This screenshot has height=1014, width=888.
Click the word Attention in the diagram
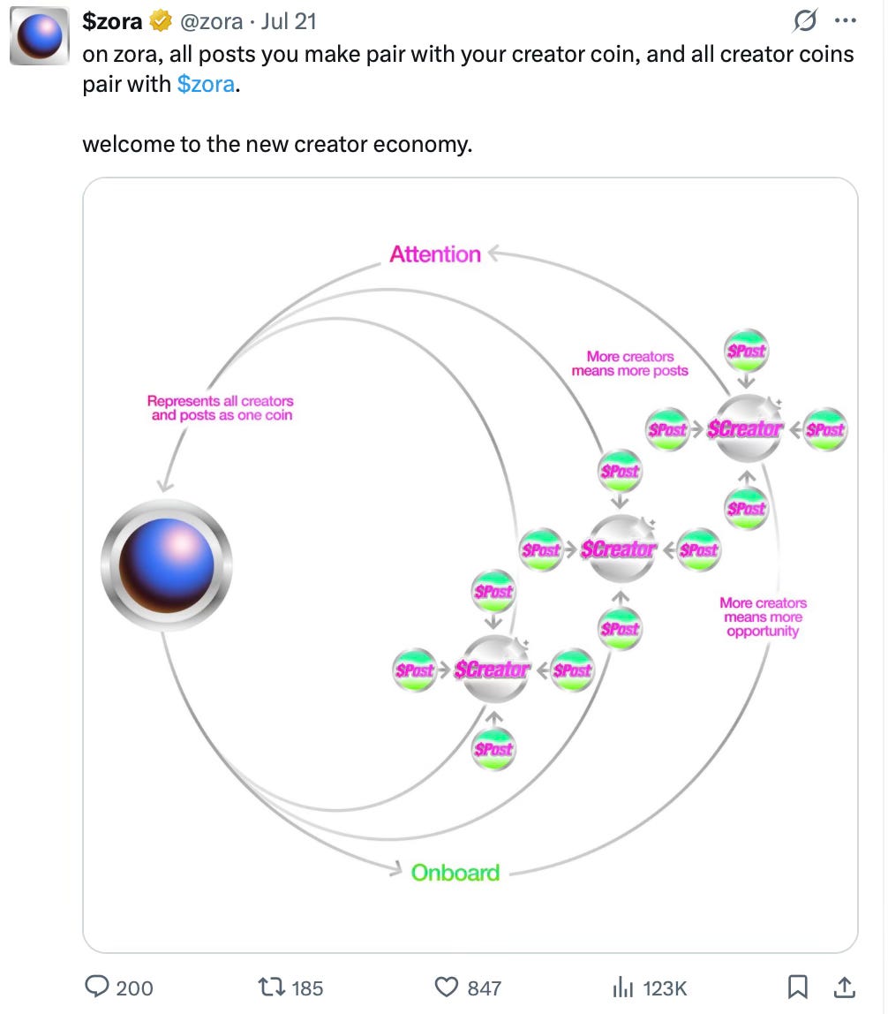pos(435,254)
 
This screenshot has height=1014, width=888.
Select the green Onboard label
pos(455,873)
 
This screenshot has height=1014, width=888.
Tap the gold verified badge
pos(161,21)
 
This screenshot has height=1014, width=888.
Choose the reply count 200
pos(134,988)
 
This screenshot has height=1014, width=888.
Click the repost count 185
pos(307,988)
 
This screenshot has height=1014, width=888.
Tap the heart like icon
pos(448,988)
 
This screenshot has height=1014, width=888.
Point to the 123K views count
pos(664,988)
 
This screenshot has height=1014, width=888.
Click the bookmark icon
pos(798,987)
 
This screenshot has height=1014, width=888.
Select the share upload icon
pos(844,987)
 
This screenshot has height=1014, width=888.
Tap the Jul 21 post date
pos(289,21)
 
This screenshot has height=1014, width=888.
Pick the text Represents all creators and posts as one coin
pos(221,408)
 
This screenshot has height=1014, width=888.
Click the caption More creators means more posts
pos(629,364)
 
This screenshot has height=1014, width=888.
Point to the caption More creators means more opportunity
pos(763,617)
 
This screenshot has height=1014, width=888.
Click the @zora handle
pos(211,21)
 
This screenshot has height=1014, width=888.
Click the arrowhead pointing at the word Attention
pos(493,254)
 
